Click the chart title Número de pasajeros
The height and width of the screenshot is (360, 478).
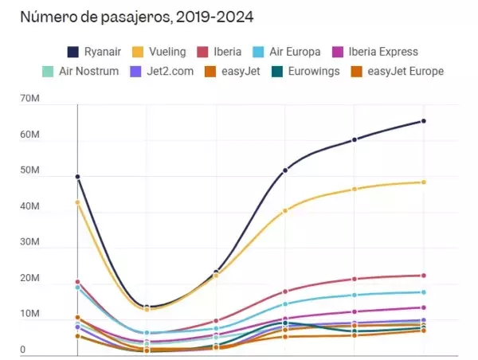pos(96,17)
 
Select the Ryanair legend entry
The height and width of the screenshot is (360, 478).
pos(94,52)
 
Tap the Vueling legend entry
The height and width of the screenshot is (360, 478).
pos(159,52)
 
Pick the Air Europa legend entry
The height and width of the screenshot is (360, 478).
pos(287,52)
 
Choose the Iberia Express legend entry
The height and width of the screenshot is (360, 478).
pos(375,52)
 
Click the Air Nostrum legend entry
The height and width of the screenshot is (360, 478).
pos(80,72)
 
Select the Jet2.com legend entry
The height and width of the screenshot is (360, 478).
pos(162,72)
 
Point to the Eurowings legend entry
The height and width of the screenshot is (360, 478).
pos(305,72)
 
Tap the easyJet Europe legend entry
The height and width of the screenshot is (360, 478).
pos(398,72)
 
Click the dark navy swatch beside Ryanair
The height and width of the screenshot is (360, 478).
pos(72,52)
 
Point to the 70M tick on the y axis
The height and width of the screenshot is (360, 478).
pos(30,98)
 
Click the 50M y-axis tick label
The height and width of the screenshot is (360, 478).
pos(30,170)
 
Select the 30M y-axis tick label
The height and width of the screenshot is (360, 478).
pos(30,242)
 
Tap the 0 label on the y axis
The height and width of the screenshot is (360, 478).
pos(23,350)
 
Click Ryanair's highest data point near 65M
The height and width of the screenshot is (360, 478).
pos(424,121)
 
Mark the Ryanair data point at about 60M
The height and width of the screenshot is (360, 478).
pos(355,139)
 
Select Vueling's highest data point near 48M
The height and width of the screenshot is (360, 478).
pos(424,182)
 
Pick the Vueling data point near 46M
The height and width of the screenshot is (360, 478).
pos(355,190)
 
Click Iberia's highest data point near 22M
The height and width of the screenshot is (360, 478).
pos(424,276)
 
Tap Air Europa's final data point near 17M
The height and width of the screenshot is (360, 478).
pos(424,292)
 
